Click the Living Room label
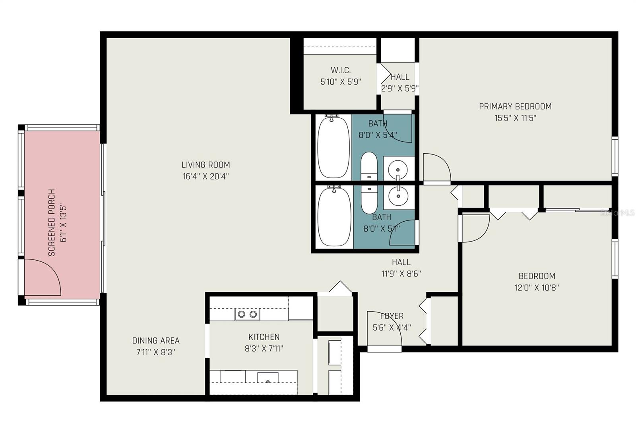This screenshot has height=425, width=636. pyautogui.click(x=206, y=165)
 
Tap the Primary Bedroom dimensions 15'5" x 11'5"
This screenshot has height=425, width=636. pyautogui.click(x=515, y=118)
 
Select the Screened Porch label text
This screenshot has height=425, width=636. pyautogui.click(x=52, y=222)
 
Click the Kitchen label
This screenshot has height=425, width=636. pyautogui.click(x=264, y=337)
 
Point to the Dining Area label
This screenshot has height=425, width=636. pyautogui.click(x=156, y=341)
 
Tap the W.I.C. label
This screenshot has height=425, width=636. pyautogui.click(x=341, y=70)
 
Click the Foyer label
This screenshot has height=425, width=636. pyautogui.click(x=392, y=316)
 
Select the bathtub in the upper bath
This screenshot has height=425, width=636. pyautogui.click(x=334, y=147)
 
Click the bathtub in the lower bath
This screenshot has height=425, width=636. pyautogui.click(x=334, y=216)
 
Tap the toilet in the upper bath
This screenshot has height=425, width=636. pyautogui.click(x=369, y=166)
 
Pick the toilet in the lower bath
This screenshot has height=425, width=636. pyautogui.click(x=369, y=199)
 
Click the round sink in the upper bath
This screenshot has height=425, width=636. pyautogui.click(x=398, y=170)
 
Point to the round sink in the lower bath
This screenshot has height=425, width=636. pyautogui.click(x=398, y=196)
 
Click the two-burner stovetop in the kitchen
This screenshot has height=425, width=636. pyautogui.click(x=247, y=314)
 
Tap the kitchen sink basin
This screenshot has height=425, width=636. pyautogui.click(x=268, y=378)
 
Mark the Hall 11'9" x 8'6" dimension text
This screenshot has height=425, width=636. pyautogui.click(x=401, y=274)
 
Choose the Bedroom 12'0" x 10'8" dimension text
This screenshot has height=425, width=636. pyautogui.click(x=537, y=288)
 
